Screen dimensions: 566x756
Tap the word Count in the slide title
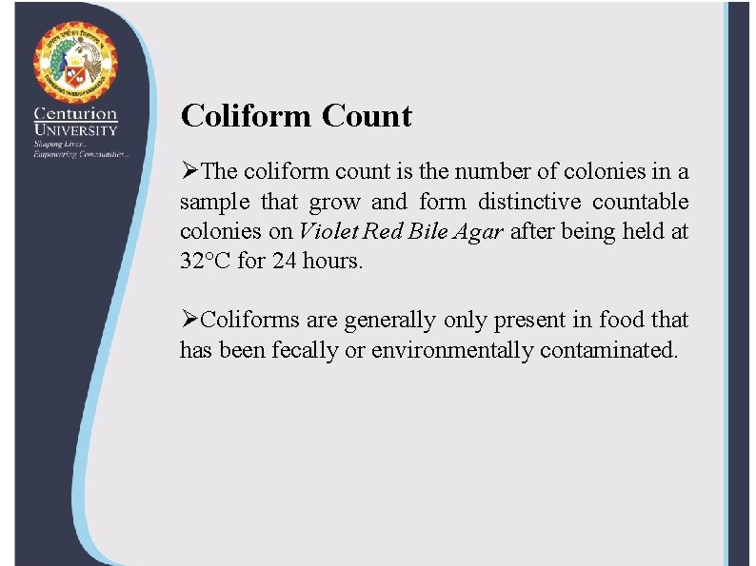coord(367,116)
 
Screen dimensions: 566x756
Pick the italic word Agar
coord(476,232)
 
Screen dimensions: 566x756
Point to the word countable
coord(641,202)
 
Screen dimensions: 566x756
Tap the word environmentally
coord(452,351)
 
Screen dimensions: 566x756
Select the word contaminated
coord(609,351)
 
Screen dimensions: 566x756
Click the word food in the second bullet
coord(622,321)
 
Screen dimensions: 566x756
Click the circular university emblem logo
coord(75,62)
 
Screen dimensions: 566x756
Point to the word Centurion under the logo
coord(75,114)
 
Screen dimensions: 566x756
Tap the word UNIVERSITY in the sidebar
coord(75,130)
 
